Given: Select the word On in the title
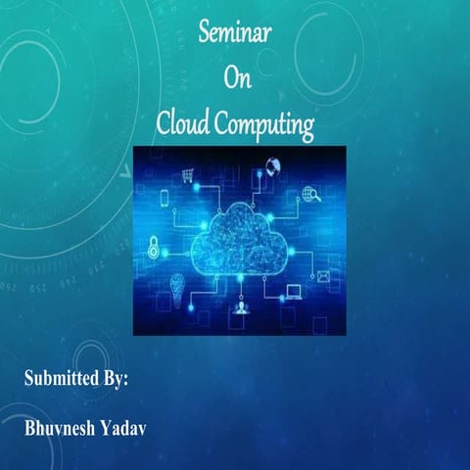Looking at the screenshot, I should coord(238,79).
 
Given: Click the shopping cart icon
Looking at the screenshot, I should coord(186,176).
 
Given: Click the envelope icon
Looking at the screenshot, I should coord(323,276).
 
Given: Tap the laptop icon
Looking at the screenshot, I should coord(294,292).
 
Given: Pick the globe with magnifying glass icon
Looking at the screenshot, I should coord(312,194).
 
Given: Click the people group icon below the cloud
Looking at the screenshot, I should coord(240,311).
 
